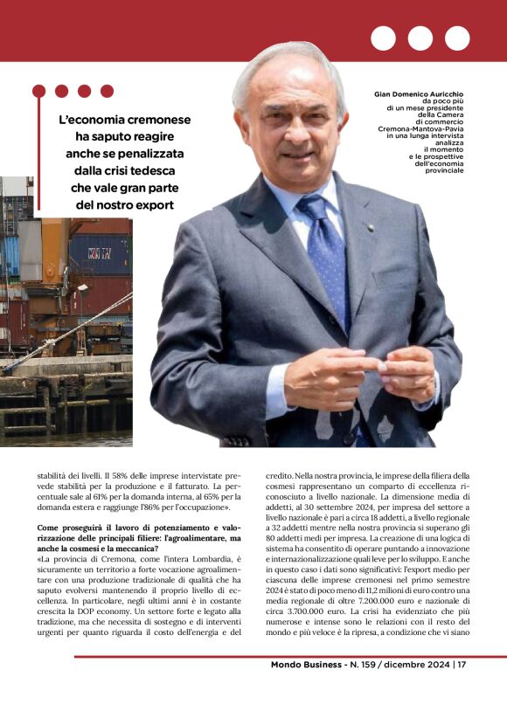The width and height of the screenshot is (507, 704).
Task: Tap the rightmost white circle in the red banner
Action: point(457,38)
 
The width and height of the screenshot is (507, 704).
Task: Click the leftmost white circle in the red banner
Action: point(383,38)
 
